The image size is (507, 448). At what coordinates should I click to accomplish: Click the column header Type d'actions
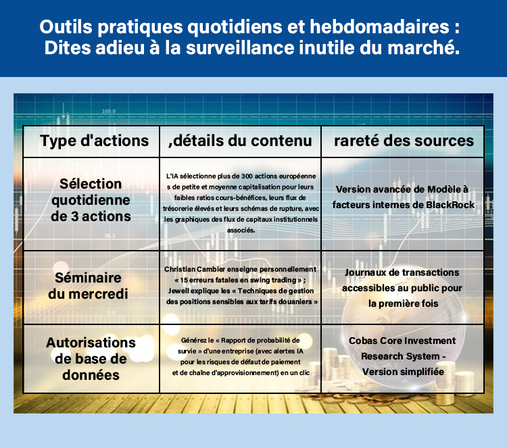[94, 141]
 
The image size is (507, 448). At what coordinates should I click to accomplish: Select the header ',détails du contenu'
[240, 141]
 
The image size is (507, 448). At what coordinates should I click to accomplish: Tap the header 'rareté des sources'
[404, 141]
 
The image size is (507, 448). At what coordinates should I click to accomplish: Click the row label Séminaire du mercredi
[90, 287]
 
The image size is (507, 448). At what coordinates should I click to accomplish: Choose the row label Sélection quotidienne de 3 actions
[90, 200]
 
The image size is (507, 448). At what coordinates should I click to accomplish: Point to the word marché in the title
[433, 49]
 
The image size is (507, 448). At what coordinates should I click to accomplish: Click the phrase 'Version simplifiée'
[403, 371]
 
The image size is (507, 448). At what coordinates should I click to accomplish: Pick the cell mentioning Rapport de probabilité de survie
[240, 355]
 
